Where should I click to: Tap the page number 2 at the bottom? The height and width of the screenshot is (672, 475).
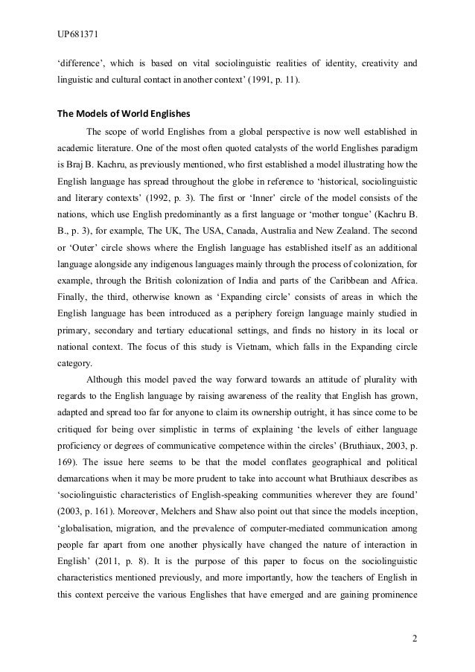(x=413, y=639)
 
